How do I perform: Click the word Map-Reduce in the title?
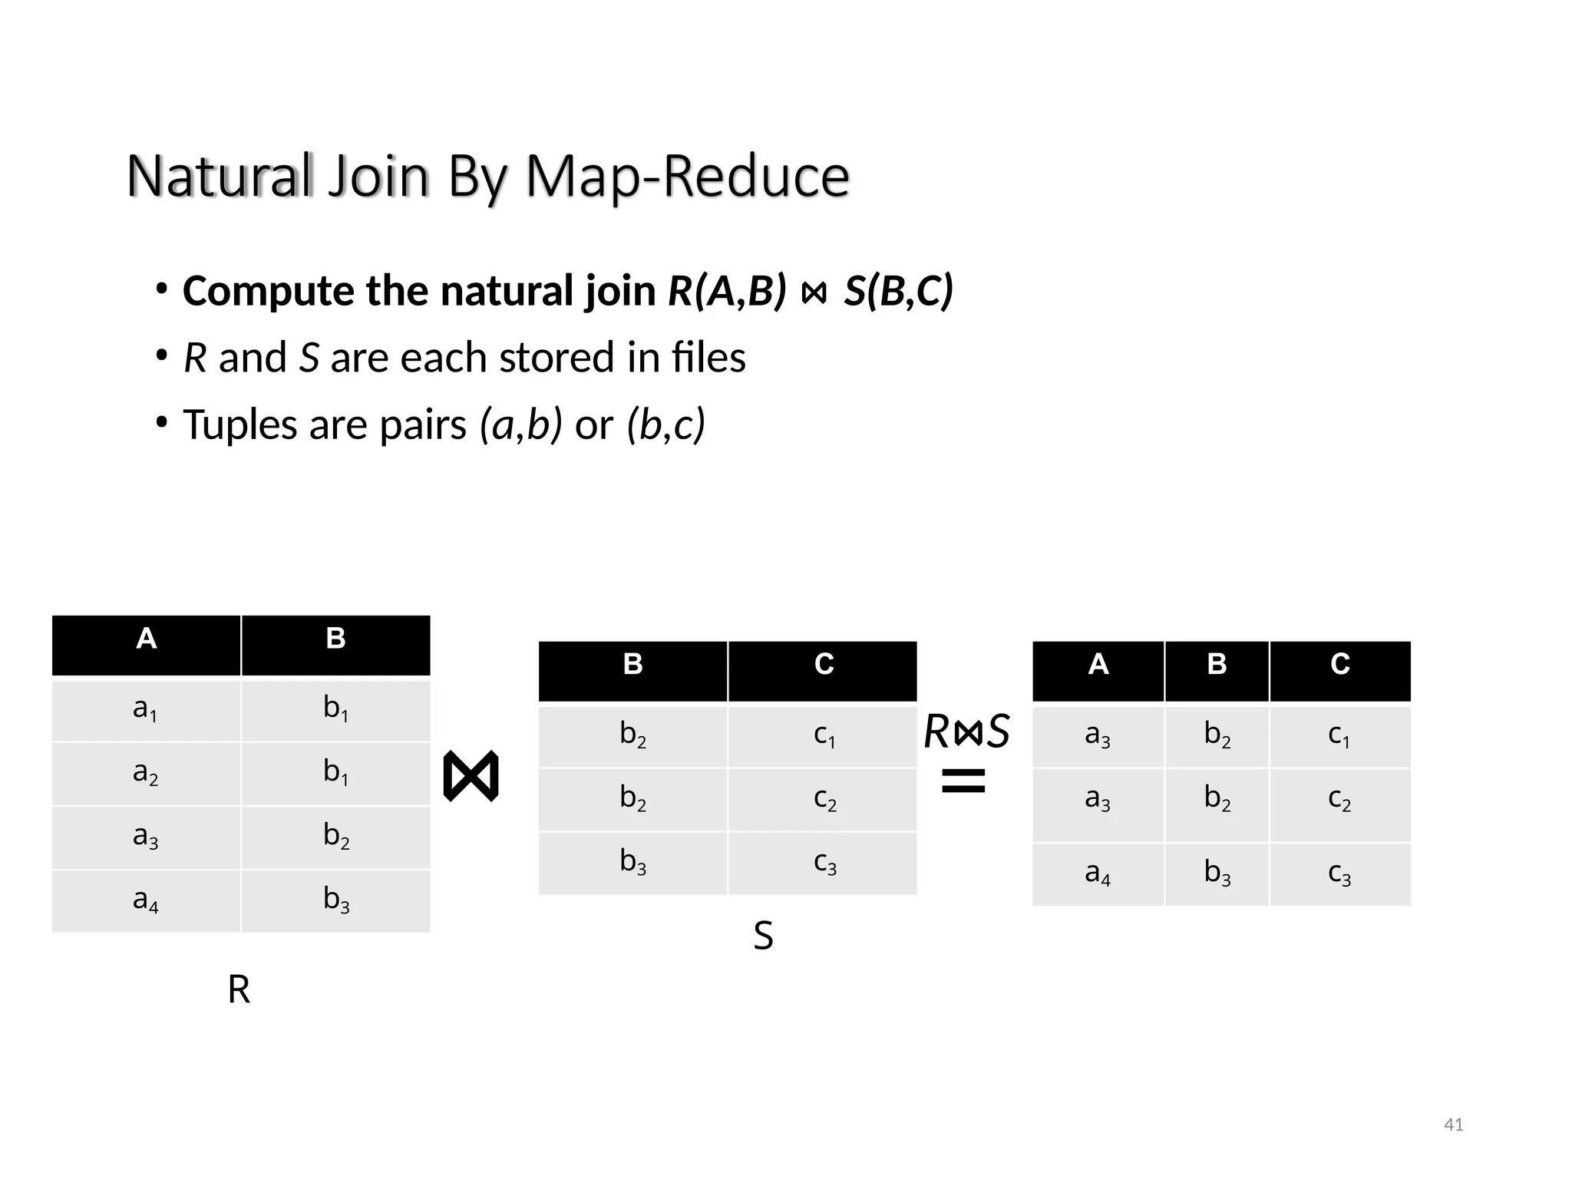click(x=687, y=177)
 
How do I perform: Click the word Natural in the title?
click(x=220, y=177)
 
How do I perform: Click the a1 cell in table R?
click(x=145, y=710)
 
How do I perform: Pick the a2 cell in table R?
click(x=145, y=774)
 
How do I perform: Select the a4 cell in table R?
click(x=145, y=900)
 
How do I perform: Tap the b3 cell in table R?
click(x=335, y=900)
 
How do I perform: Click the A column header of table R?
click(x=146, y=639)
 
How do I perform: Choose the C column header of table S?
click(x=823, y=665)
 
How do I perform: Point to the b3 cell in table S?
click(x=632, y=864)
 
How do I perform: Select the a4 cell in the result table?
click(x=1098, y=874)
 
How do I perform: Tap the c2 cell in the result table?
click(x=1339, y=800)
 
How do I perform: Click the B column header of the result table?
click(x=1217, y=665)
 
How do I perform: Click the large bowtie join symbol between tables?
click(x=471, y=777)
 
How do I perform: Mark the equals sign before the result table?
click(x=963, y=781)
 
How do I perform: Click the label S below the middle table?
click(x=763, y=937)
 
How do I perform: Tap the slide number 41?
click(x=1453, y=1125)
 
